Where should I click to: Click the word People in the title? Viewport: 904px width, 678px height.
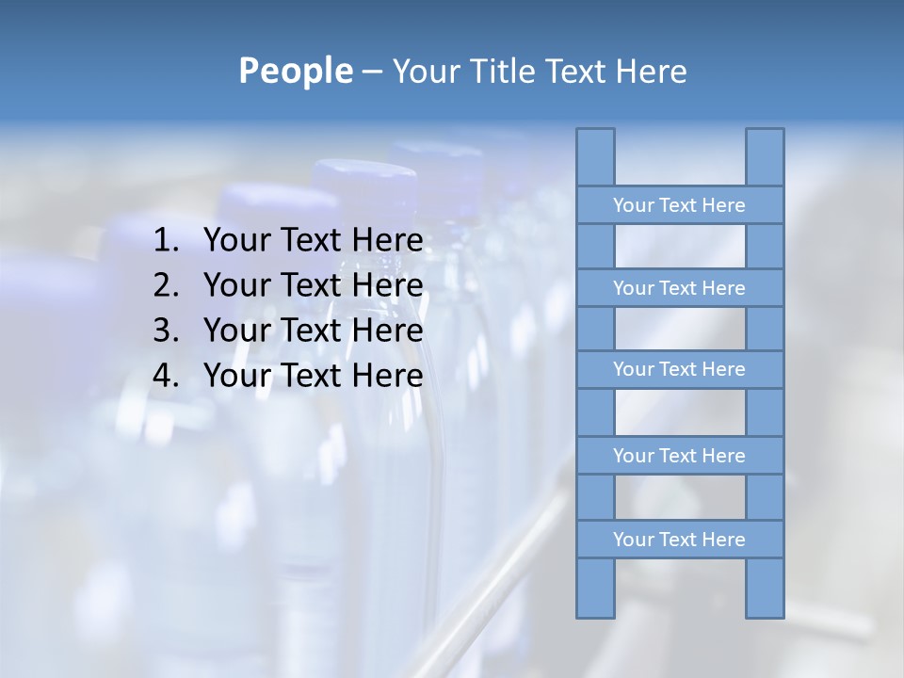[x=295, y=71]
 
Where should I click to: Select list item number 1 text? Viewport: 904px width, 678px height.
[x=313, y=241]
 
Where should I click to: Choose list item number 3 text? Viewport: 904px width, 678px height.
[x=313, y=331]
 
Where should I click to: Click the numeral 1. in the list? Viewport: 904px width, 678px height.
[x=166, y=241]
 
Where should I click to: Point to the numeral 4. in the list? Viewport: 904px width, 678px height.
[x=166, y=376]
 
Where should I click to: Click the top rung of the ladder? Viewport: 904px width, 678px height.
[x=679, y=205]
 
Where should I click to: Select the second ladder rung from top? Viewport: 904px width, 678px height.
[x=679, y=288]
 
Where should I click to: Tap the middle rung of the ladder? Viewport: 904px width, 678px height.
[x=679, y=369]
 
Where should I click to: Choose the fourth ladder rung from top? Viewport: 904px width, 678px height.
[x=679, y=456]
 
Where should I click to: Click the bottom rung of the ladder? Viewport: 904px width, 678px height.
[x=679, y=540]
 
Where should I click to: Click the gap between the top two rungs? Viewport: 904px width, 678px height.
[x=680, y=247]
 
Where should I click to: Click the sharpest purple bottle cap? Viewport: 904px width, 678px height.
[x=364, y=185]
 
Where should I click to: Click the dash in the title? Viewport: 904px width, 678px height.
[x=371, y=72]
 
